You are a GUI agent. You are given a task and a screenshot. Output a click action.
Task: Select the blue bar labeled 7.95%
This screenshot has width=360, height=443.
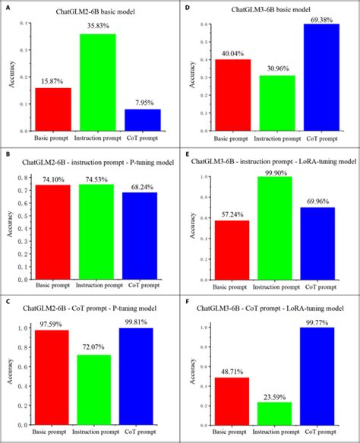click(142, 119)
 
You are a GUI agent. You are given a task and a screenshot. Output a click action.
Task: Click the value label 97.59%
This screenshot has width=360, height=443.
click(52, 321)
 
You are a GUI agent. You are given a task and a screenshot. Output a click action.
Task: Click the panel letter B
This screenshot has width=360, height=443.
click(7, 153)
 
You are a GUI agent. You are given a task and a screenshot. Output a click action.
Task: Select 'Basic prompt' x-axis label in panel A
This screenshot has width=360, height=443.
click(52, 138)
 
